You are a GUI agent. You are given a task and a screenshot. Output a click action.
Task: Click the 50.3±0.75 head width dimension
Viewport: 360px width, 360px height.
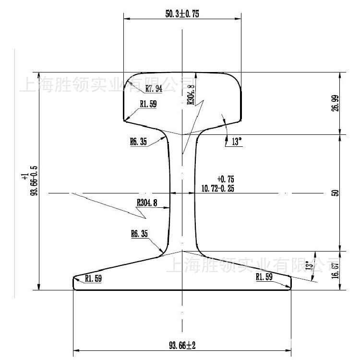pos(182,14)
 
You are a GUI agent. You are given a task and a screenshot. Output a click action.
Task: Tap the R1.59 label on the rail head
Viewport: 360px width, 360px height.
pos(148,103)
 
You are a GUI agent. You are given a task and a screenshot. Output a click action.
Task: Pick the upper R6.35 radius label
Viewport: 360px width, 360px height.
pos(138,142)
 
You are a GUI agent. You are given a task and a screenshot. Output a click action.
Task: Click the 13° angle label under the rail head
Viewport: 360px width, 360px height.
pos(237,142)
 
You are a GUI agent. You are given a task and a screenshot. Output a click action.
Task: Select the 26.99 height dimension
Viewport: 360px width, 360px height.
pos(335,103)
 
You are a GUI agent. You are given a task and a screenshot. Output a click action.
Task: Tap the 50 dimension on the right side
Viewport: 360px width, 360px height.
pos(335,193)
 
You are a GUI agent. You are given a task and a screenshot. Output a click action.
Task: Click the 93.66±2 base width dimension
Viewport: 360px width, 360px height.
pos(182,345)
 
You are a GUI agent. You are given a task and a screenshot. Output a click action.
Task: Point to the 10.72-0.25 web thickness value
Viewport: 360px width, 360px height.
pos(218,189)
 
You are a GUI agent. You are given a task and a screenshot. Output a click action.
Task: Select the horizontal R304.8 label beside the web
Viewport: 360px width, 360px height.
pos(147,203)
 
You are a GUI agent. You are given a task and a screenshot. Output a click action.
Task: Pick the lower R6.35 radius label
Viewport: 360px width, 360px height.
pos(139,234)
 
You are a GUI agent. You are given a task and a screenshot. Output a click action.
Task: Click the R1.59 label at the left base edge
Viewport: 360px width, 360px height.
pos(93,278)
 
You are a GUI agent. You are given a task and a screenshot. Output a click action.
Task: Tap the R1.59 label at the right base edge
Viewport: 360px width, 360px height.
pos(264,277)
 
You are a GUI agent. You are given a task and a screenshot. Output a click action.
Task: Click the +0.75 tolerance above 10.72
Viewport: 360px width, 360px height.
pos(225,178)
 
